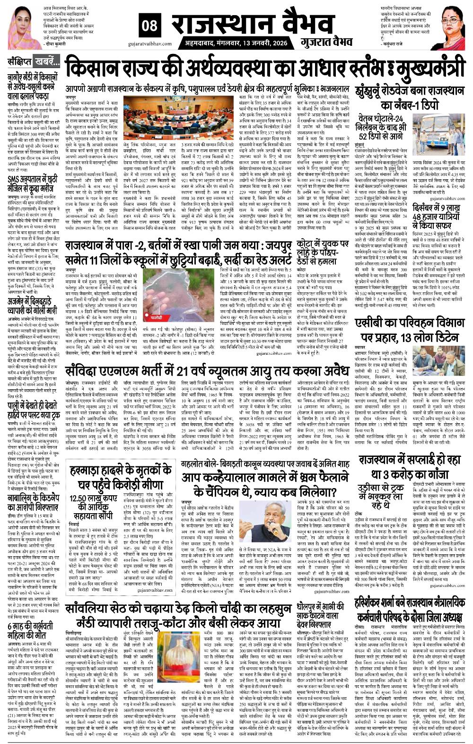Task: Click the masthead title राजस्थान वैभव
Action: pos(232,24)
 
